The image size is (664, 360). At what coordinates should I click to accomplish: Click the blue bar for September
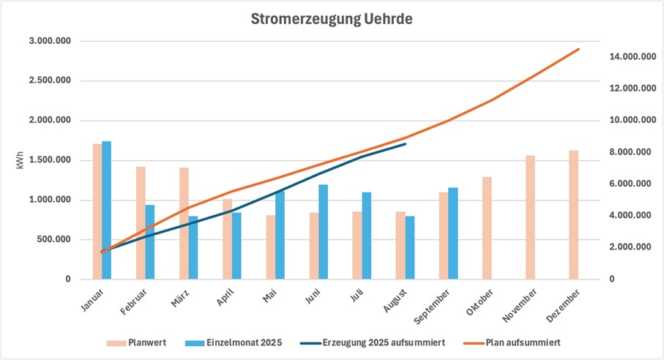tap(453, 233)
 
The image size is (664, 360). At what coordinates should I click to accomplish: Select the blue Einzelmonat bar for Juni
tap(323, 231)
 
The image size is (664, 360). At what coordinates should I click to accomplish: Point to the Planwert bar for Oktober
tap(488, 228)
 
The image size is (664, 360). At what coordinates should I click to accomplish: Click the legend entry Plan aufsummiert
tap(521, 342)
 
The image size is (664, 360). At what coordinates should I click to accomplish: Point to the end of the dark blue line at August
tap(406, 144)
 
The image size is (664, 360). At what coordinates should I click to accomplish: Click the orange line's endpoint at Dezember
tap(579, 49)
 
